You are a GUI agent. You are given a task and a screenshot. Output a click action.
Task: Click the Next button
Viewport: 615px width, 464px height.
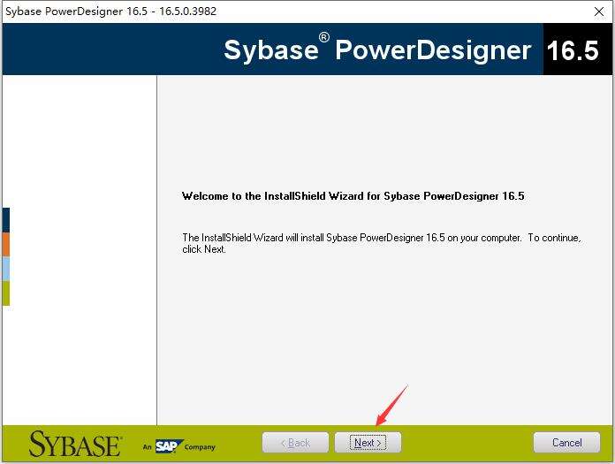click(x=368, y=442)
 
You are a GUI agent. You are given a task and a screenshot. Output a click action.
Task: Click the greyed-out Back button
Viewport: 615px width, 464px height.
click(x=295, y=442)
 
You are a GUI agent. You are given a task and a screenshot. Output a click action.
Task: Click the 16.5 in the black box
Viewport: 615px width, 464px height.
click(x=573, y=50)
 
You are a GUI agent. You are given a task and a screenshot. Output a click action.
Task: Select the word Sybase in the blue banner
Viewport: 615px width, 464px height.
click(x=270, y=49)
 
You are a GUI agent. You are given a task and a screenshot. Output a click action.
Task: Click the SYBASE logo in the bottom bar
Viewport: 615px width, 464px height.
click(x=74, y=443)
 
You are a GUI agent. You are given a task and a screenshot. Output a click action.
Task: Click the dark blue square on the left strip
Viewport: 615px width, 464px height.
click(x=5, y=220)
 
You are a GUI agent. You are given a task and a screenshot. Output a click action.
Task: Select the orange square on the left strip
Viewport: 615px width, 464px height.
click(x=5, y=245)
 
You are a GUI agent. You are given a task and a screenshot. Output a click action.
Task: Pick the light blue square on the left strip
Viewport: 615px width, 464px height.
click(x=5, y=269)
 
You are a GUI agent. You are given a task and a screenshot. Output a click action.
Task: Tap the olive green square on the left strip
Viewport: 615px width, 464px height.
click(x=5, y=293)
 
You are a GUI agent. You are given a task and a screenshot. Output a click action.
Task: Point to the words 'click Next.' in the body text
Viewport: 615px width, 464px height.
click(x=204, y=249)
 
